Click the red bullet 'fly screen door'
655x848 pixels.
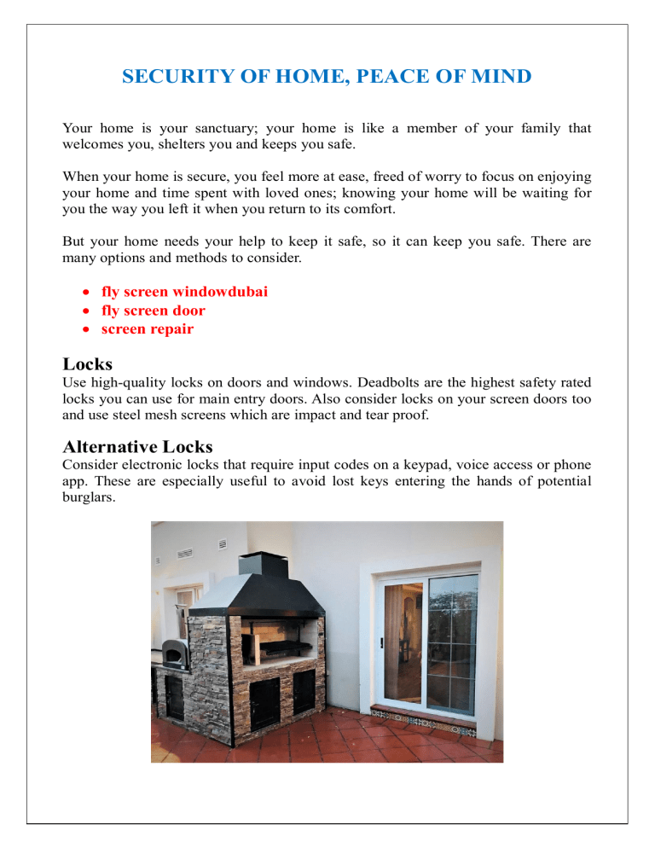pyautogui.click(x=154, y=311)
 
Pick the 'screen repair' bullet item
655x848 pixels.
pyautogui.click(x=148, y=329)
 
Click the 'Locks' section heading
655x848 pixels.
pyautogui.click(x=88, y=364)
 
